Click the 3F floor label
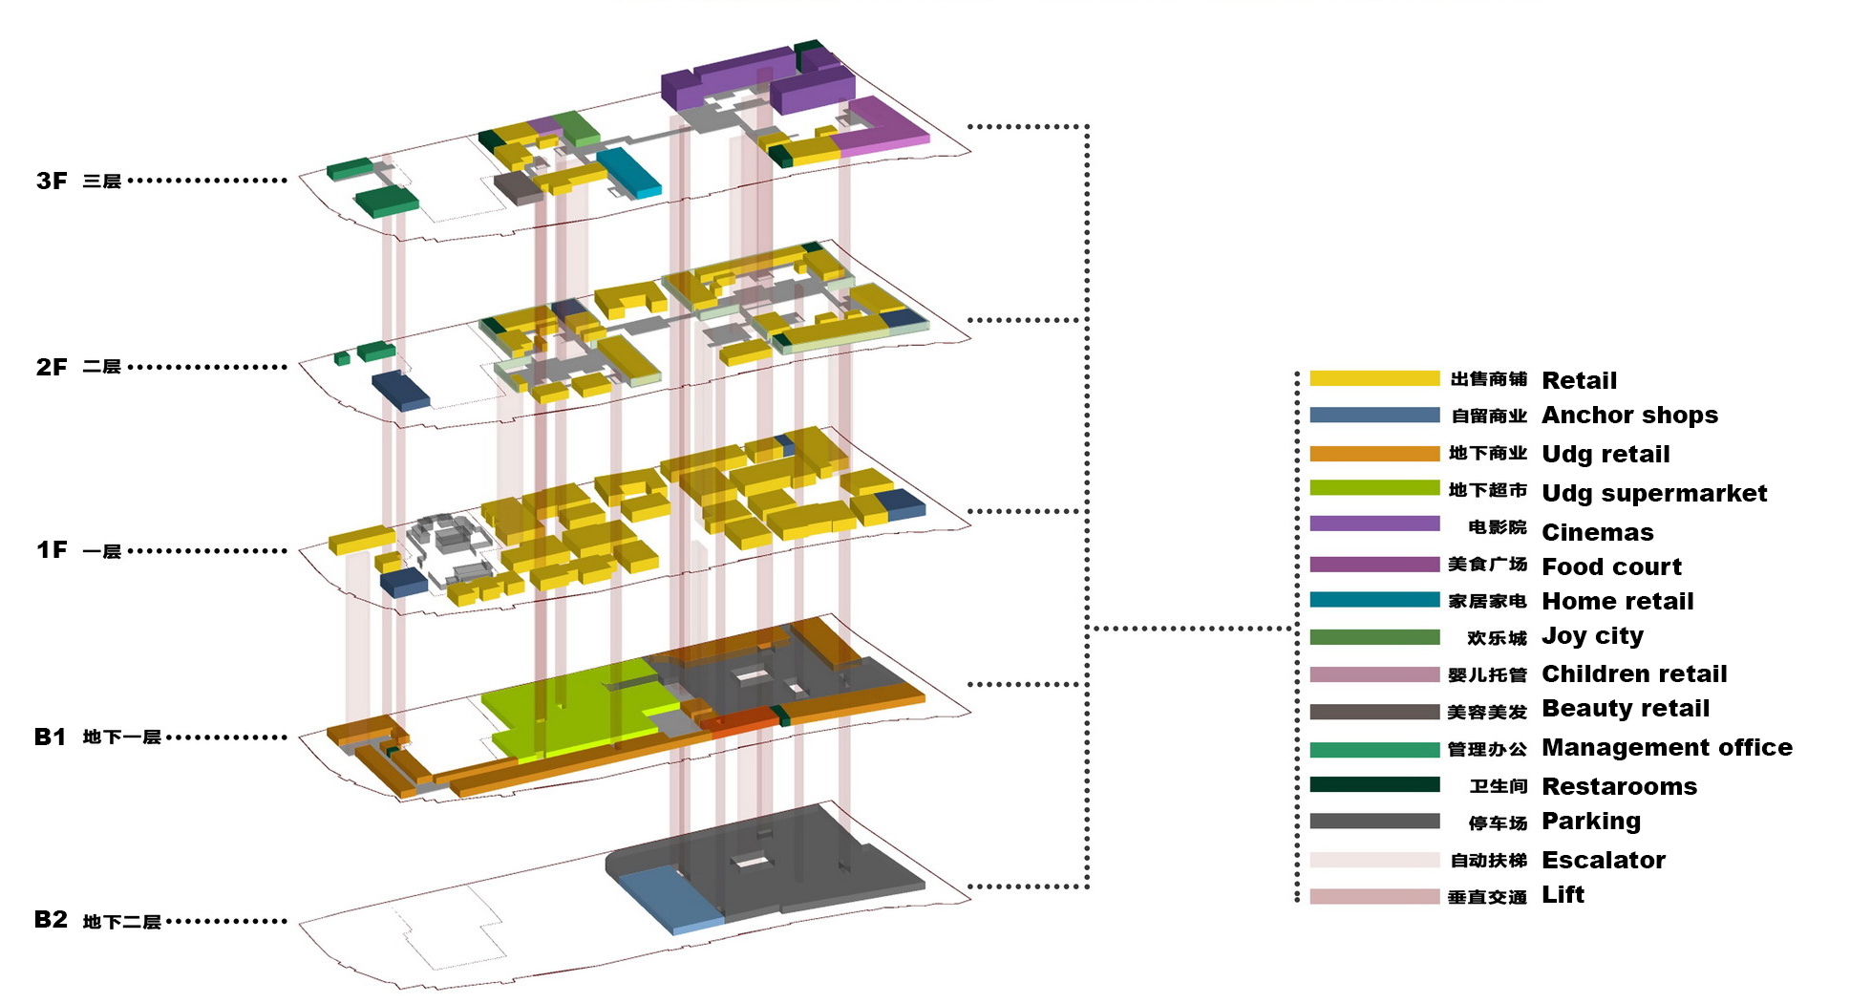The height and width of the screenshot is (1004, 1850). [x=52, y=181]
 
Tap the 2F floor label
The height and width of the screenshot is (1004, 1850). [x=52, y=367]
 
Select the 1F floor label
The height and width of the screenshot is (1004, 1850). [x=52, y=550]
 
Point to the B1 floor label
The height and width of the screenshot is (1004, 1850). [x=50, y=737]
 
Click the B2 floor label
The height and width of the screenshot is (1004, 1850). [x=51, y=920]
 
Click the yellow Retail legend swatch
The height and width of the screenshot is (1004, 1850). [x=1373, y=378]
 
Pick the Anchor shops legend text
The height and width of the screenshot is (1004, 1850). [x=1629, y=416]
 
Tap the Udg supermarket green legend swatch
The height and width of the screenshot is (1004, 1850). [x=1373, y=488]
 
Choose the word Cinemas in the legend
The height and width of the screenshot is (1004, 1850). [x=1597, y=532]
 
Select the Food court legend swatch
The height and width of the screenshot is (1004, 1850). [x=1373, y=565]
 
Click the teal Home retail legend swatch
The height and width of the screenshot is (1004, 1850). [x=1373, y=600]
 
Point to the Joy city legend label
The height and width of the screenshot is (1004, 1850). [x=1592, y=636]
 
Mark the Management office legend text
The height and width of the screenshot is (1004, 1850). [x=1667, y=748]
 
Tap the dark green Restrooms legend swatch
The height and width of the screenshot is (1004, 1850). [x=1373, y=785]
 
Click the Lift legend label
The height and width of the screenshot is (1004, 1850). [x=1563, y=895]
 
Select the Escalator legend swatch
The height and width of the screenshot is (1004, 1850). [x=1373, y=860]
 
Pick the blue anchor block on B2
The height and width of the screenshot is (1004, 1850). [x=669, y=898]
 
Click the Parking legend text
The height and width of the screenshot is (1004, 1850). [x=1591, y=822]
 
